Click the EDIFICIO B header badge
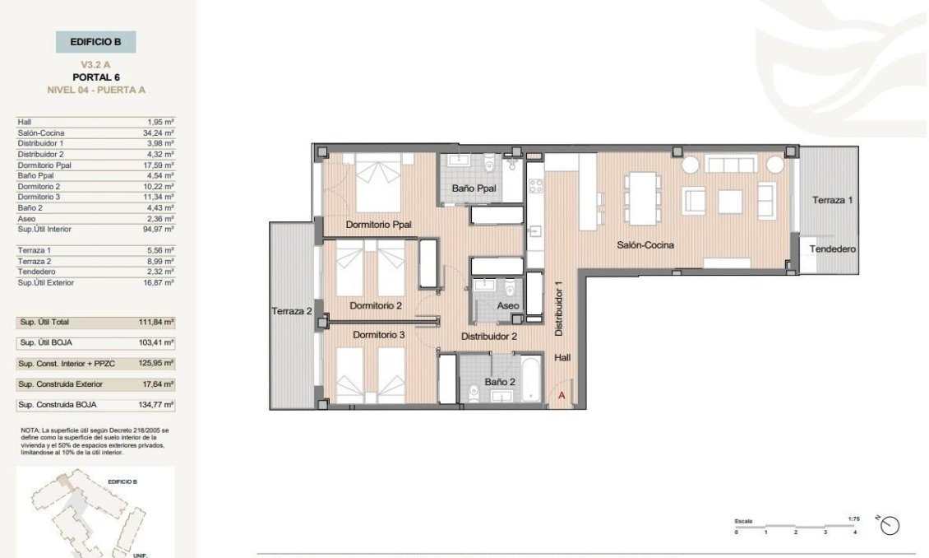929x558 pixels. pyautogui.click(x=95, y=41)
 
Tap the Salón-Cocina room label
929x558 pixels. pyautogui.click(x=646, y=244)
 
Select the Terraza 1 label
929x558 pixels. pyautogui.click(x=833, y=201)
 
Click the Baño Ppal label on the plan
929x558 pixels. pyautogui.click(x=474, y=189)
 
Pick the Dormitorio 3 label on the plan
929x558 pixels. pyautogui.click(x=378, y=335)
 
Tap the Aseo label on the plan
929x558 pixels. pyautogui.click(x=508, y=306)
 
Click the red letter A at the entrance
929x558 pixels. pyautogui.click(x=562, y=396)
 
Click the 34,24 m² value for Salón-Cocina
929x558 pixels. pyautogui.click(x=159, y=133)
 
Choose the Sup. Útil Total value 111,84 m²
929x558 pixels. pyautogui.click(x=156, y=323)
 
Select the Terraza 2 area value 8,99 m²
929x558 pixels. pyautogui.click(x=159, y=261)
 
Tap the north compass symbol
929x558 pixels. pyautogui.click(x=890, y=524)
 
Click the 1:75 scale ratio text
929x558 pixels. pyautogui.click(x=853, y=519)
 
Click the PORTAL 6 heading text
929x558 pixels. pyautogui.click(x=95, y=77)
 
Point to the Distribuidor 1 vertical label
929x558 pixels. pyautogui.click(x=558, y=309)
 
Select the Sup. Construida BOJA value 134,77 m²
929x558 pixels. pyautogui.click(x=156, y=405)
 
